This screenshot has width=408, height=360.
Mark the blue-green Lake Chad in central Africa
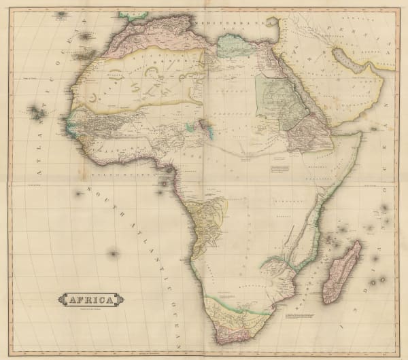coord(206,126)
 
